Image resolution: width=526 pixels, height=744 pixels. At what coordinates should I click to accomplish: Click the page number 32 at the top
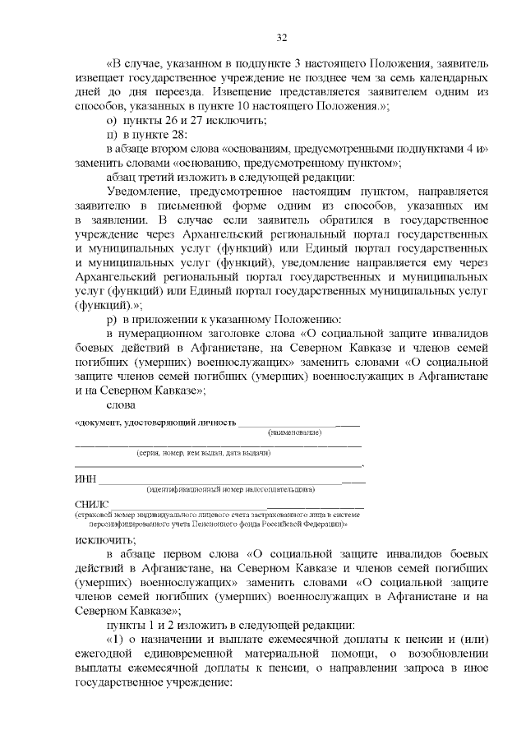pyautogui.click(x=281, y=37)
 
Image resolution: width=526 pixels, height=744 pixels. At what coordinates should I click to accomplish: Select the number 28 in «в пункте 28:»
pyautogui.click(x=177, y=135)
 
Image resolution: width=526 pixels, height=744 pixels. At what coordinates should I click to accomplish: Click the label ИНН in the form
pyautogui.click(x=85, y=479)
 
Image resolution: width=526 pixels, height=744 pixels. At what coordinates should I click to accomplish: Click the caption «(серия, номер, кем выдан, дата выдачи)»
pyautogui.click(x=203, y=453)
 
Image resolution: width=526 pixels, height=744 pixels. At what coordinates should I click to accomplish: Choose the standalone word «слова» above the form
pyautogui.click(x=121, y=403)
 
